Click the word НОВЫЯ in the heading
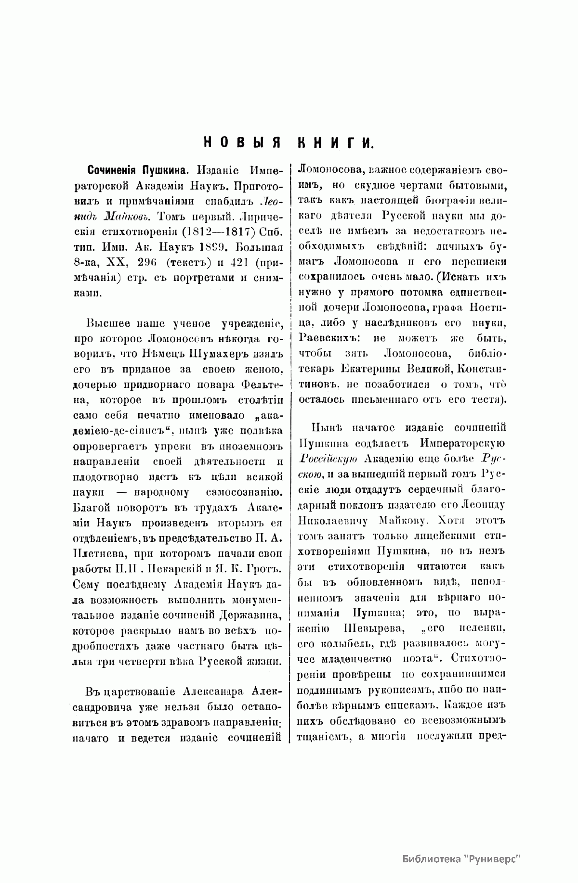[x=242, y=142]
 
